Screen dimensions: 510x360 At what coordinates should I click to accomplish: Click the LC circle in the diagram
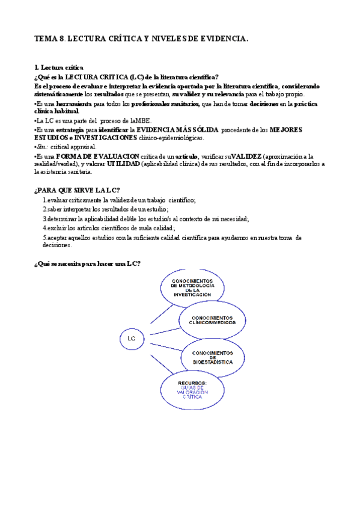pyautogui.click(x=131, y=338)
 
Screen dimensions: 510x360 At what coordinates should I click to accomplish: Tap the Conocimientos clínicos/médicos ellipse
pyautogui.click(x=213, y=320)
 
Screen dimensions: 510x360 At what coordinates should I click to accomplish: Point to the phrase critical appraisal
pyautogui.click(x=74, y=146)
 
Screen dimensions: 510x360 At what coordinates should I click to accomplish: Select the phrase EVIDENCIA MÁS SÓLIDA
pyautogui.click(x=177, y=129)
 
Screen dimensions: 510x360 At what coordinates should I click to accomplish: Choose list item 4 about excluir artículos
pyautogui.click(x=109, y=228)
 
